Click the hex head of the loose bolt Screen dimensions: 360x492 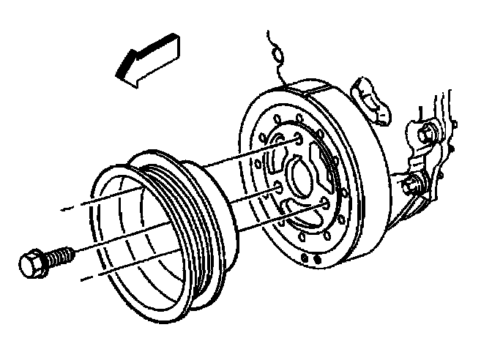tap(32, 264)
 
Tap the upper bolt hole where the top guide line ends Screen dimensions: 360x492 tap(297, 139)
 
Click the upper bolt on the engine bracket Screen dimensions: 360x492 tap(427, 134)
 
